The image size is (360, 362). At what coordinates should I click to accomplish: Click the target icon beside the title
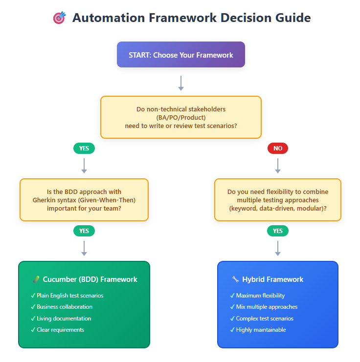[59, 18]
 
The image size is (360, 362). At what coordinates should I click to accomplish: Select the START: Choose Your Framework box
[180, 55]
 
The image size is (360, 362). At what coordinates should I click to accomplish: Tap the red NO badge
[277, 149]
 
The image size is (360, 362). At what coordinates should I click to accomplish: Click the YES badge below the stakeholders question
[84, 149]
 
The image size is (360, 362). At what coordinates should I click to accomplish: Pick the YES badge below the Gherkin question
[84, 231]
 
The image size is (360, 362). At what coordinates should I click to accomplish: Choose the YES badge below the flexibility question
[277, 231]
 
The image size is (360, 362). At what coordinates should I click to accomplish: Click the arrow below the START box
[180, 83]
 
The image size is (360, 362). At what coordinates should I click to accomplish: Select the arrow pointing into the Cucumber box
[84, 248]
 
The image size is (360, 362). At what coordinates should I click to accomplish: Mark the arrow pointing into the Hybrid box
[277, 248]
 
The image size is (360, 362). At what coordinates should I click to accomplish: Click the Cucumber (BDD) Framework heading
[90, 279]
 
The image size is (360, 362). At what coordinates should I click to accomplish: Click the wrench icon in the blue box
[235, 279]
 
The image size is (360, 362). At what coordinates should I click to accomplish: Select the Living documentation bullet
[64, 319]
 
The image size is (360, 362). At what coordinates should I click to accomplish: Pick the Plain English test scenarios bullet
[70, 296]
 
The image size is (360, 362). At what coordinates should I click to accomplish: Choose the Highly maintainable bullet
[261, 330]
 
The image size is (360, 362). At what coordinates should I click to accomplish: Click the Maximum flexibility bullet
[260, 296]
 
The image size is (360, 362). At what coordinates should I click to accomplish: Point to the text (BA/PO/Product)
[180, 117]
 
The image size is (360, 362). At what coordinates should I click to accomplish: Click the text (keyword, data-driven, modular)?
[277, 208]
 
